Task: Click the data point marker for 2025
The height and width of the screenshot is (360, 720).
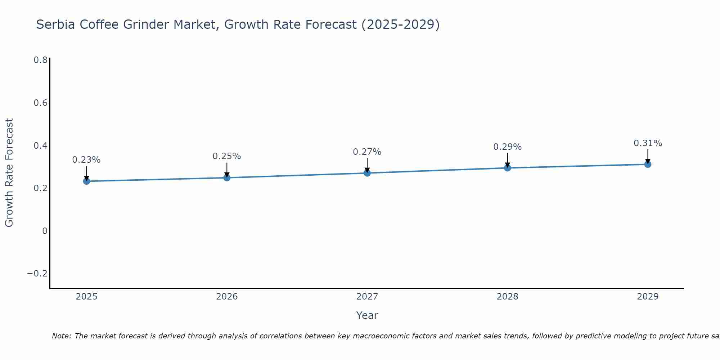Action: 86,181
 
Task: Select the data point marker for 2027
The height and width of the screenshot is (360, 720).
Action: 367,173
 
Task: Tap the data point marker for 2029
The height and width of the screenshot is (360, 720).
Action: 648,165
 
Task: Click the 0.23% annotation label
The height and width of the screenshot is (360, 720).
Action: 86,160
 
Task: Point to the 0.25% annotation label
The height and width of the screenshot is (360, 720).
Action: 227,156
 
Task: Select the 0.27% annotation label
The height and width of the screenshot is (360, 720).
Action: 367,152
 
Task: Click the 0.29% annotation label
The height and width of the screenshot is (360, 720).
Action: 507,147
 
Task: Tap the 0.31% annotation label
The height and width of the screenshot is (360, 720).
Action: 648,143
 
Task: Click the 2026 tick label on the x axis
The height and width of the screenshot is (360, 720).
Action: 227,297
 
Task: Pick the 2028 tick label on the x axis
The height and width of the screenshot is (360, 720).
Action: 507,297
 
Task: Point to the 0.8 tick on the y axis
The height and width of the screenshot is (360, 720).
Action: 40,60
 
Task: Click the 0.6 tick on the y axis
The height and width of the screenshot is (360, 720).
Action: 40,103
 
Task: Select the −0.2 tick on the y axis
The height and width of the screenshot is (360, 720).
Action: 37,274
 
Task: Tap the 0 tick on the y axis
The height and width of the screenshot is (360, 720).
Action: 45,231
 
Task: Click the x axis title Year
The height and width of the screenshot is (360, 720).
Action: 367,315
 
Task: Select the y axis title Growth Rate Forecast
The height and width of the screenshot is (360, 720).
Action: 9,173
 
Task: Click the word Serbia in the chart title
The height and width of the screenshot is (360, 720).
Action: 56,24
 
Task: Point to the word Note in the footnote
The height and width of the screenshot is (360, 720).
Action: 61,336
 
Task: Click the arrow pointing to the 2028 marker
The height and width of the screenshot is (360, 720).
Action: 507,160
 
